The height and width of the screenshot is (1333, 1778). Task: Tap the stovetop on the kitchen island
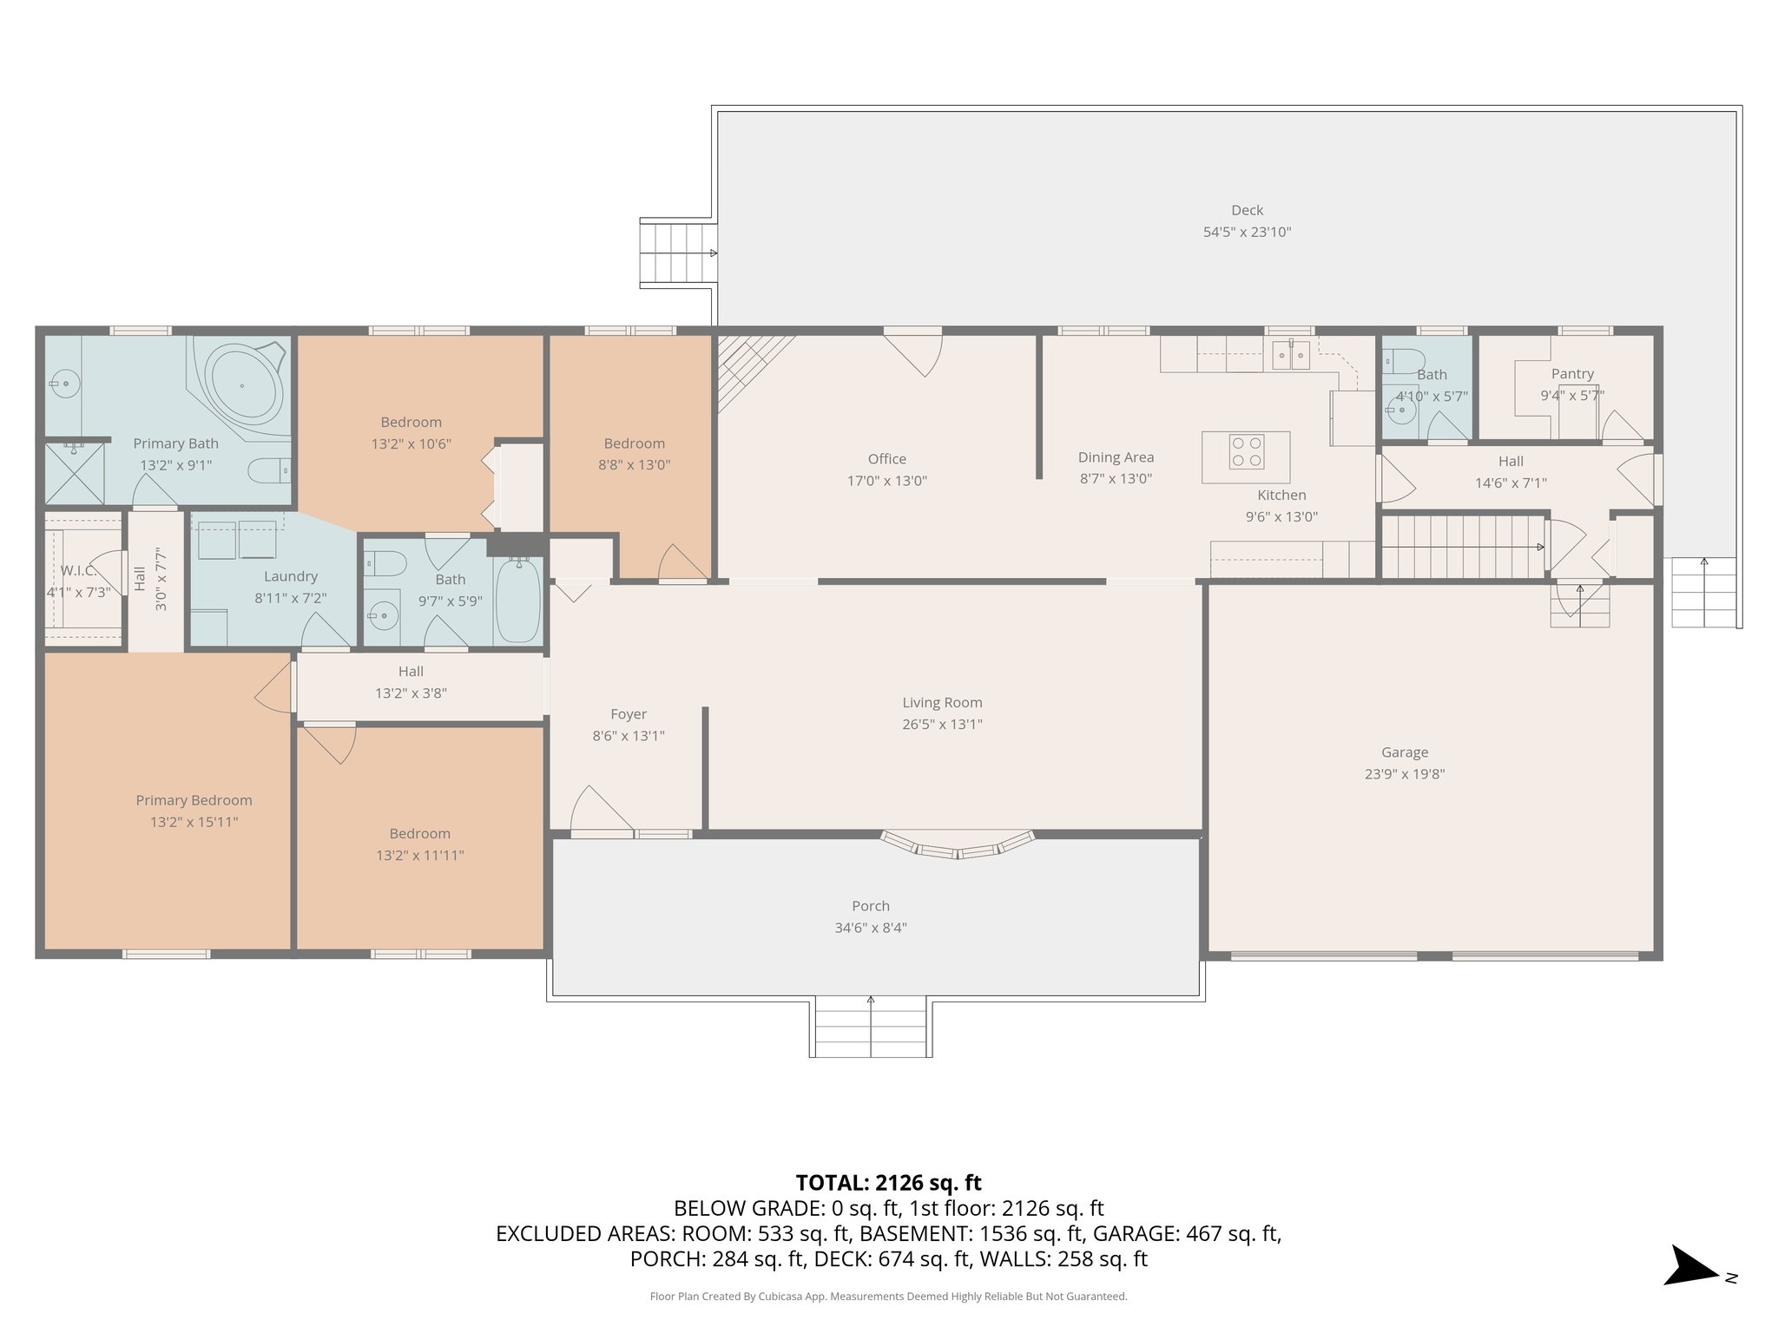1246,452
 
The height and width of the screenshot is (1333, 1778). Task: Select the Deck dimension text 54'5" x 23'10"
1247,232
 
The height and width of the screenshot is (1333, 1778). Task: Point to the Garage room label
1404,752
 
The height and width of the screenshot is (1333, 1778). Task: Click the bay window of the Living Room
958,846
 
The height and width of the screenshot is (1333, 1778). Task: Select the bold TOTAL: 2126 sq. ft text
888,1182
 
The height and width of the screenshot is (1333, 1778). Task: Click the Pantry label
1572,374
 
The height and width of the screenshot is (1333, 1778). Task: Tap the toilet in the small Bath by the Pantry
1404,360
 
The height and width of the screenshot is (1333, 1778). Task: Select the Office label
886,459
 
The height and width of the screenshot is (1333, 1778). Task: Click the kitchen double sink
1290,355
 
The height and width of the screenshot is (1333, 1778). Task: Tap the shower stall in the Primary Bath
74,473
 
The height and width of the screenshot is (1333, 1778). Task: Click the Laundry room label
291,576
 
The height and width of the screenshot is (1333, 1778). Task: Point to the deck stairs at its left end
677,253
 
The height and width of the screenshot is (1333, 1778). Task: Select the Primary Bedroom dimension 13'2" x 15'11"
194,822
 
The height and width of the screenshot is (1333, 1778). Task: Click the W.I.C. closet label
78,571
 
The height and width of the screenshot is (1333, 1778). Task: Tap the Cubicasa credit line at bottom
888,1297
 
